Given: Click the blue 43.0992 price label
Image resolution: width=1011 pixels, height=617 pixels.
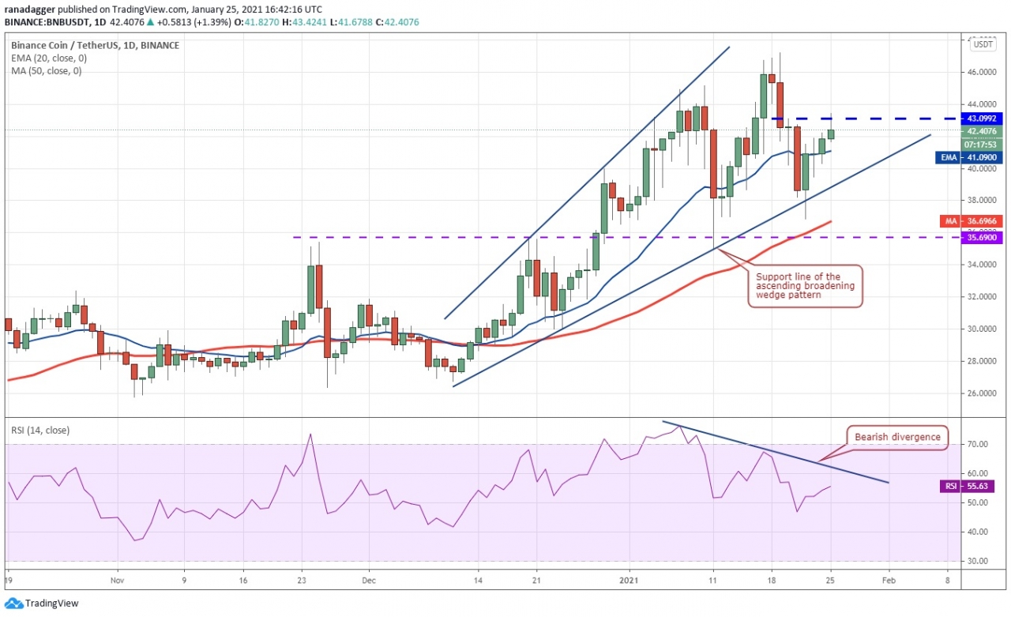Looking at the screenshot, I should coord(982,119).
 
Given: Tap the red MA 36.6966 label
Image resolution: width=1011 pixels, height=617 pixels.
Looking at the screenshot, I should coord(982,221).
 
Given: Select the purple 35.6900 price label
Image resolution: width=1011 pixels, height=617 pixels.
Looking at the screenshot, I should coord(982,238).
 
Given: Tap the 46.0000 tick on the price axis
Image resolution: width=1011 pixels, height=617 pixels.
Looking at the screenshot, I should coord(982,72).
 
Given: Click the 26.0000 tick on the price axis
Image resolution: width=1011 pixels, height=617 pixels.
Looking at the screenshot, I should coord(982,393).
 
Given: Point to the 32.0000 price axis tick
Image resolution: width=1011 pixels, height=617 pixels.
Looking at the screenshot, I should coord(982,297).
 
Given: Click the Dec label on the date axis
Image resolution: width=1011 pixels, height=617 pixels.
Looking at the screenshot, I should coord(368,579).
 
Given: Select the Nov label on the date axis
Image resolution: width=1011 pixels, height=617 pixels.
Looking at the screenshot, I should coord(117,579).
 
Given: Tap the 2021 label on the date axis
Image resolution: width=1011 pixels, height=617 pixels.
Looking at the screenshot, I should coord(630,579).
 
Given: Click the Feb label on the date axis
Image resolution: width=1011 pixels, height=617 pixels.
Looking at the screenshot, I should coord(889,579).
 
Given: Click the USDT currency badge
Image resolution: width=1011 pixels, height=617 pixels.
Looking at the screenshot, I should coord(983,44).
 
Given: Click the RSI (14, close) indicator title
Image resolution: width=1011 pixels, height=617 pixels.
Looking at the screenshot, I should coord(39,430).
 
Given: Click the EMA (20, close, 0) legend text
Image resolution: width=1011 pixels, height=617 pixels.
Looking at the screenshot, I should coord(48,58).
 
